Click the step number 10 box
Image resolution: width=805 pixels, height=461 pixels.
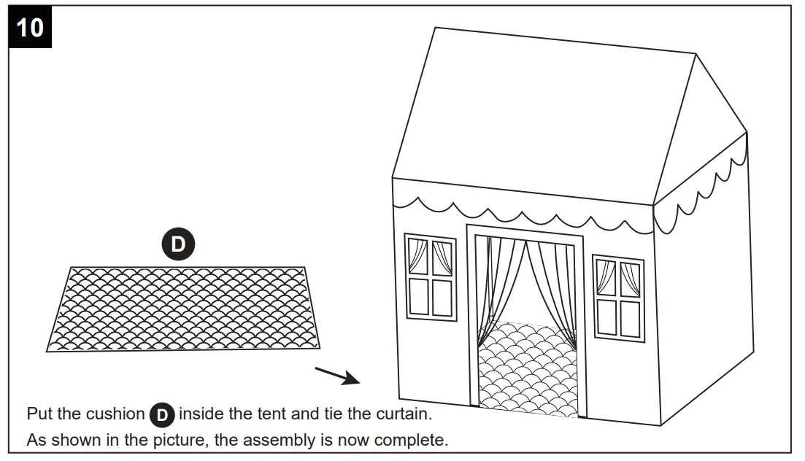coord(30,28)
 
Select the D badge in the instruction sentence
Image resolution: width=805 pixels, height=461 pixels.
coord(162,416)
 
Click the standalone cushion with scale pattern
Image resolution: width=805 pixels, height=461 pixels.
coord(186,309)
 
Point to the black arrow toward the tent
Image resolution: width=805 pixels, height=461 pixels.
coord(338,376)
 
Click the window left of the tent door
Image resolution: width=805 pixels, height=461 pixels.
coord(431,276)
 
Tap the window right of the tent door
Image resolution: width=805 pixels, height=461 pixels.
coord(618,297)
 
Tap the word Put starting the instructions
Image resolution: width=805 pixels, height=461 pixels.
coord(40,414)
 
